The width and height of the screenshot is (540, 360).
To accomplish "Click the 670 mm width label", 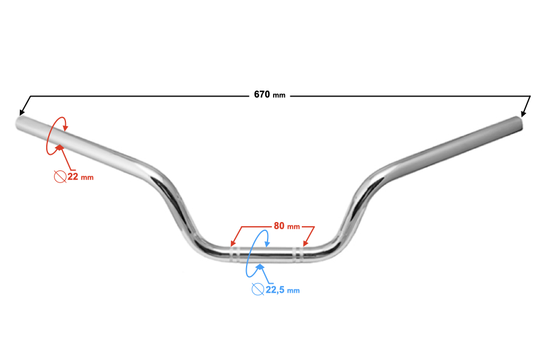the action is (x=269, y=94).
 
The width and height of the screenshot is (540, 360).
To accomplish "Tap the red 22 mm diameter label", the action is (x=80, y=177).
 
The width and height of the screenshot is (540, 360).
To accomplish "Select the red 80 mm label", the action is (x=287, y=226).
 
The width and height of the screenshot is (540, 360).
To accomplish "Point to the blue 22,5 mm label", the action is (x=283, y=290).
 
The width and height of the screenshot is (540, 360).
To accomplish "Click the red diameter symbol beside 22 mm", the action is (x=60, y=177).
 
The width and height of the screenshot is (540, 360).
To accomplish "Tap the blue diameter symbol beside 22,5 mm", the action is (x=258, y=289).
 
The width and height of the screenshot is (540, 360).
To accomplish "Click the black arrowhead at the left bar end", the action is (x=22, y=112).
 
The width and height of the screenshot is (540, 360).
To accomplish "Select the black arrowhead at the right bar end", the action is (x=523, y=113).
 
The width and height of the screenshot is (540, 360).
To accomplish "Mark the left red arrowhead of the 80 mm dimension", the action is (x=233, y=243).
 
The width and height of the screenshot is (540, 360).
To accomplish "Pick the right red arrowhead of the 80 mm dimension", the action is (x=305, y=243).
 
